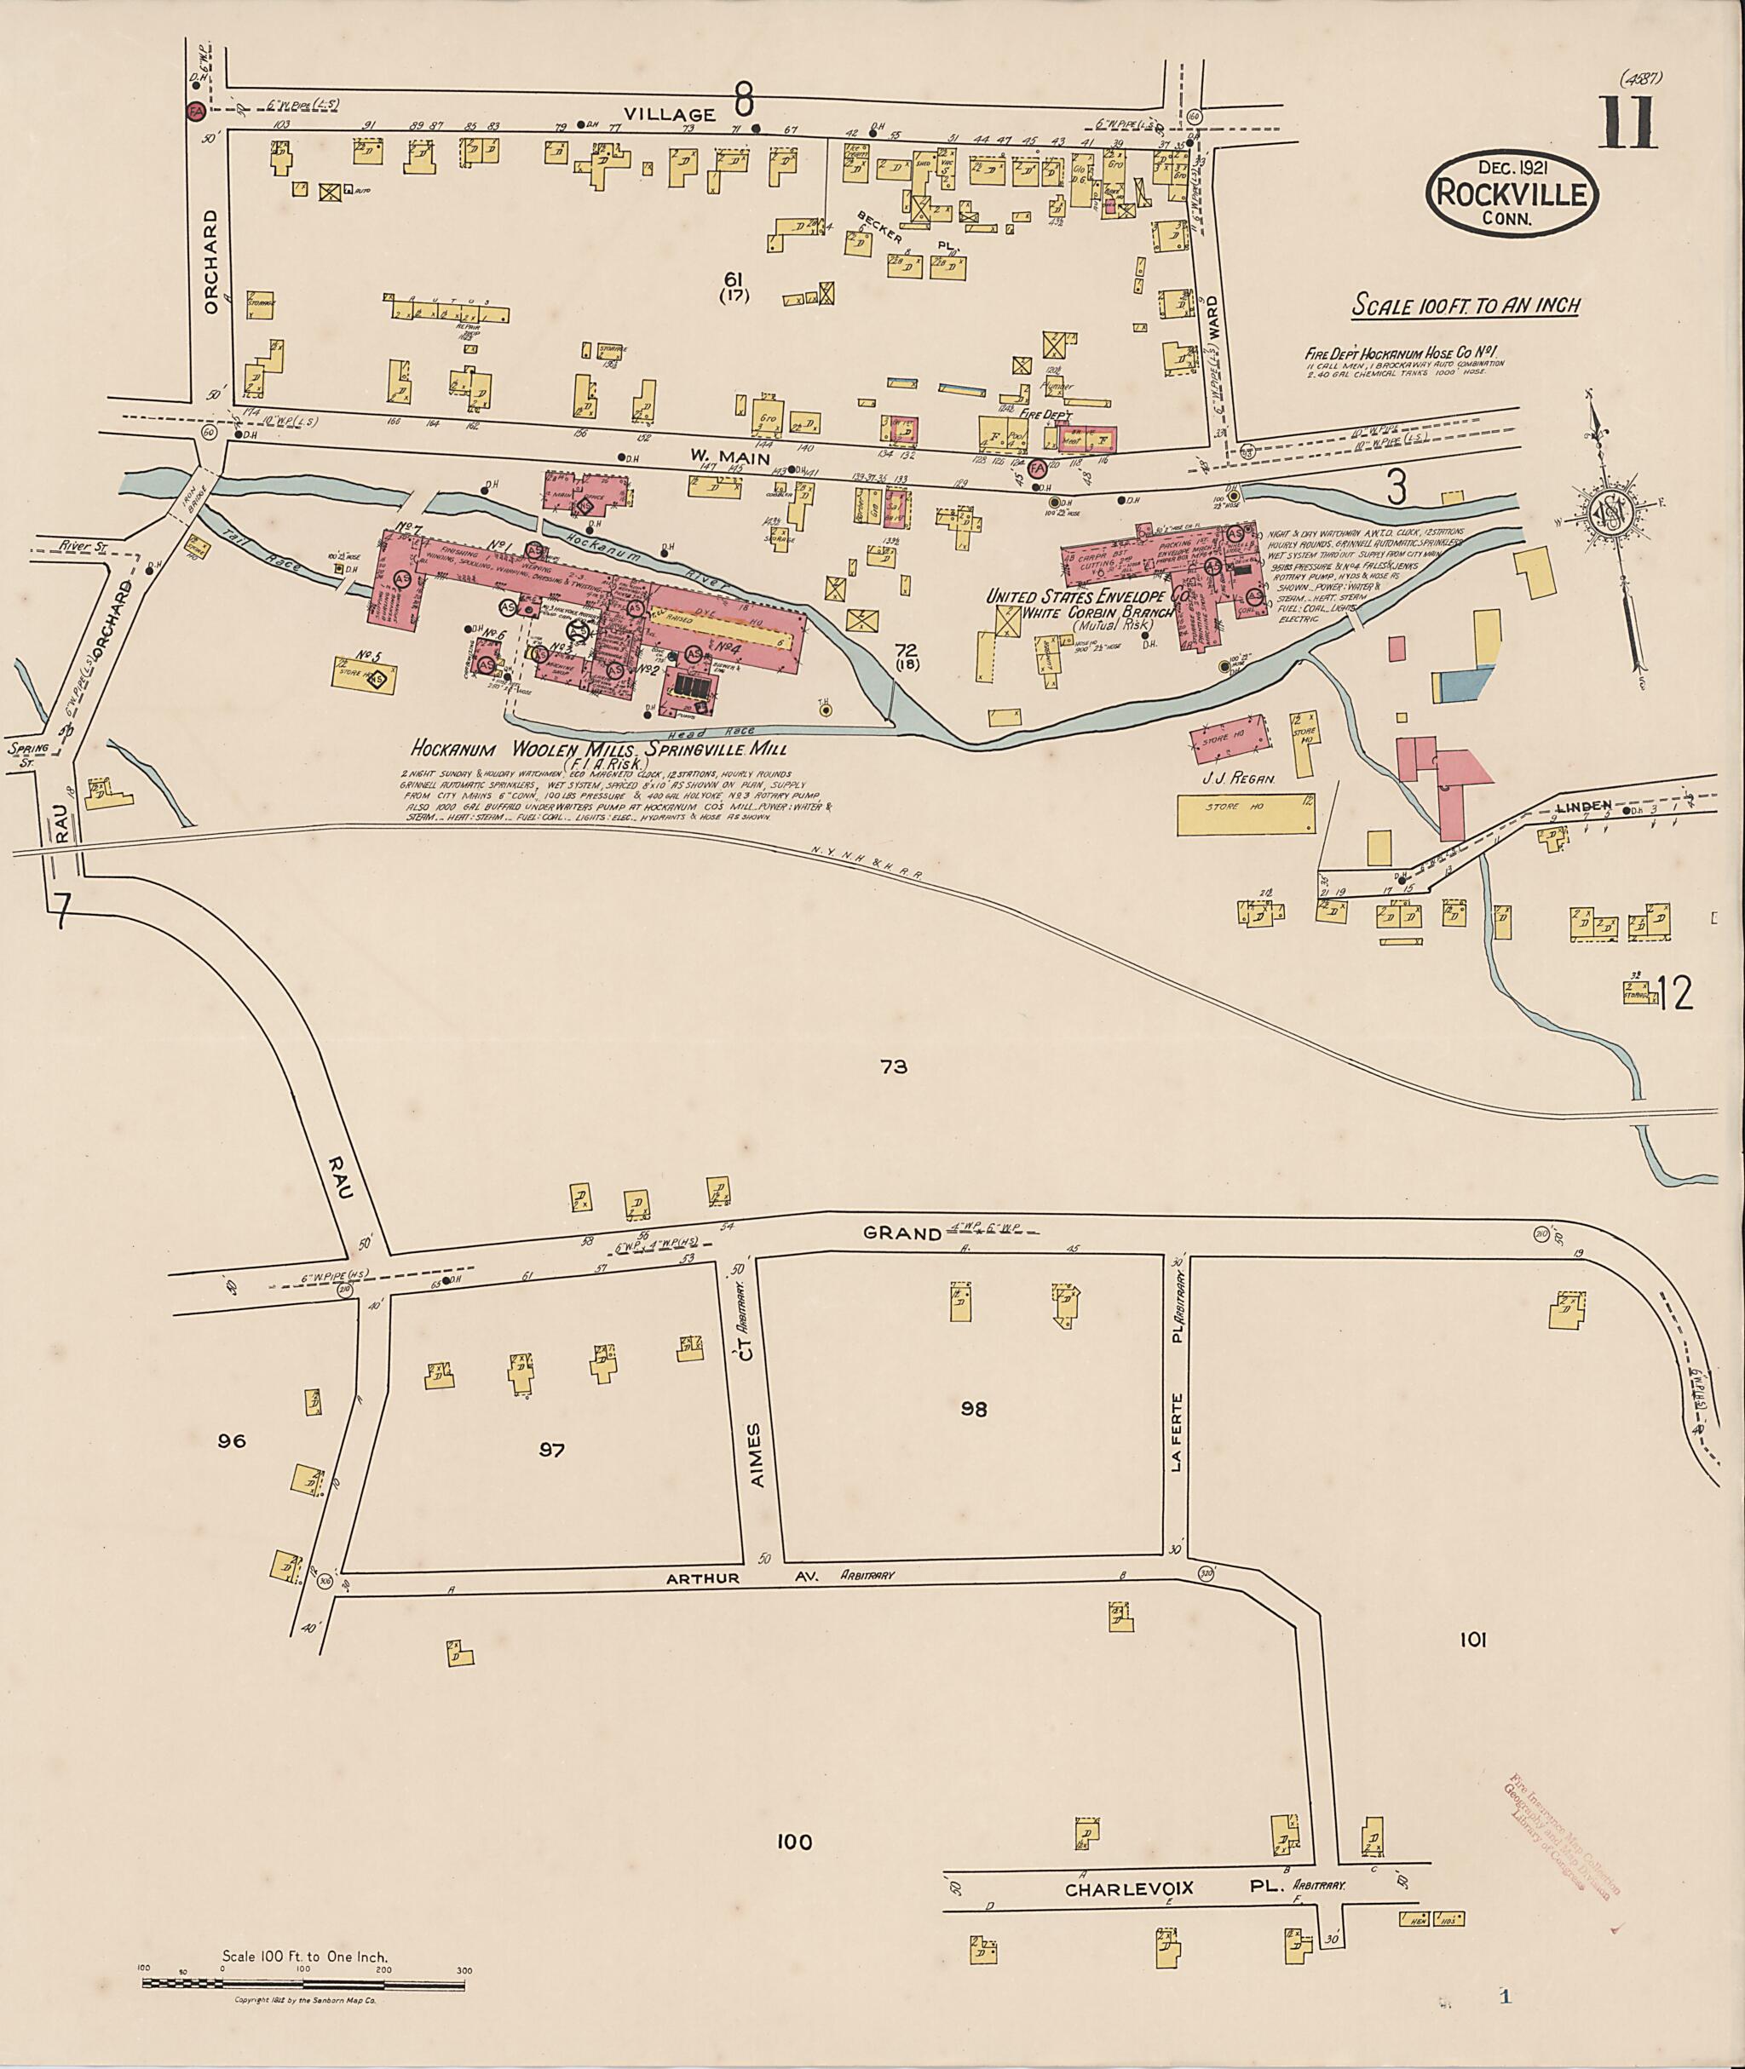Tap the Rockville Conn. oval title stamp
pos(1512,194)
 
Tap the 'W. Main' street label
pos(718,456)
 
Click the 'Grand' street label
pos(901,1233)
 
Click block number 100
pos(793,1842)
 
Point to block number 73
pos(892,1066)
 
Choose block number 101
pos(1473,1640)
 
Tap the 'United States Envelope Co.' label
pos(1087,597)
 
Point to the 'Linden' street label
pos(1584,807)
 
